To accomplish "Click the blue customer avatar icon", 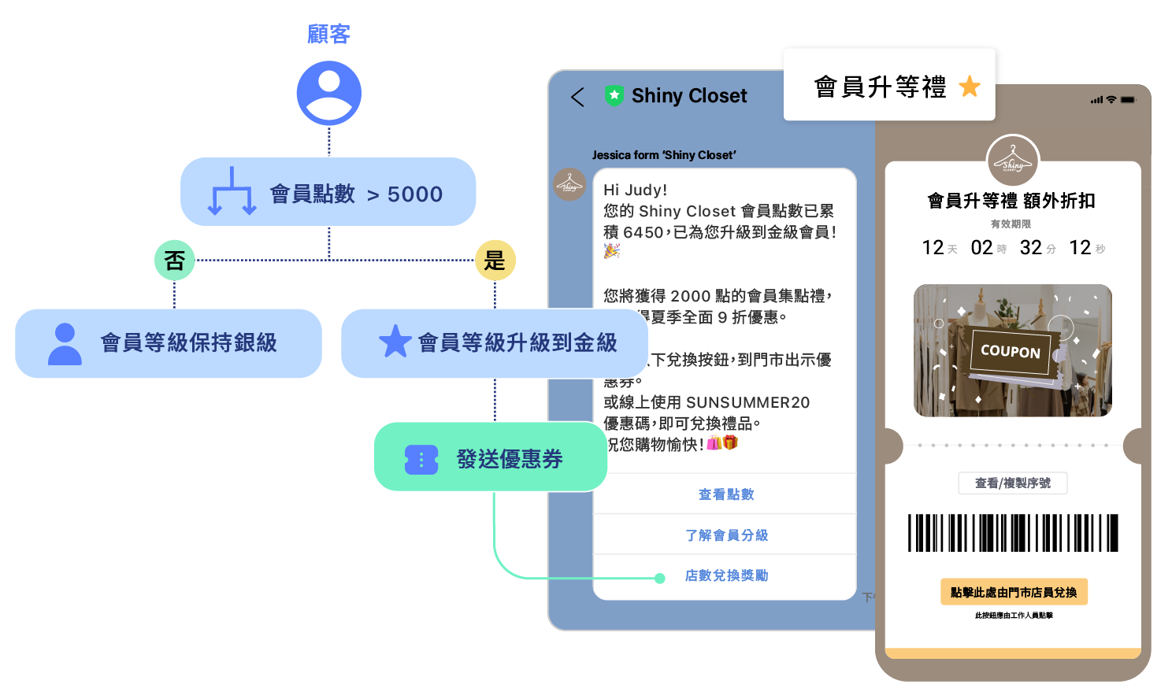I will tap(328, 93).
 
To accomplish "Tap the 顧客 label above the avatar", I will tap(328, 34).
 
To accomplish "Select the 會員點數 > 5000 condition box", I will tap(328, 192).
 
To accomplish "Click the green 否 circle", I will tap(174, 260).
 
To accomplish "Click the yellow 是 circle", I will tap(495, 260).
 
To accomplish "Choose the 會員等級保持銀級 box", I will tap(169, 343).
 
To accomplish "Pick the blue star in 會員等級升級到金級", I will tap(395, 342).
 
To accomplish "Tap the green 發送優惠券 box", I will tap(490, 457).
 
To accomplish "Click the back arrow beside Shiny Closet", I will tap(577, 97).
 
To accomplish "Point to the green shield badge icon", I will tap(614, 95).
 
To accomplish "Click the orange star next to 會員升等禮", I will tap(970, 87).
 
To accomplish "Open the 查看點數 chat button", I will tap(725, 494).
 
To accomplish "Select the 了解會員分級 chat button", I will tap(725, 535).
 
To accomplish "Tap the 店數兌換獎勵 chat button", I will tap(725, 575).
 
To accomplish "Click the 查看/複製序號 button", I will tap(1012, 483).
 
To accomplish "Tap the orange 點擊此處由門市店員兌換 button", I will tap(1013, 592).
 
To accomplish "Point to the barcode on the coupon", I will tap(1013, 533).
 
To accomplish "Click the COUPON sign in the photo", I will tap(1010, 351).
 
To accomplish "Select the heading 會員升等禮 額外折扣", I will tap(1011, 201).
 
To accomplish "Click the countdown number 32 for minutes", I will tap(1030, 248).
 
